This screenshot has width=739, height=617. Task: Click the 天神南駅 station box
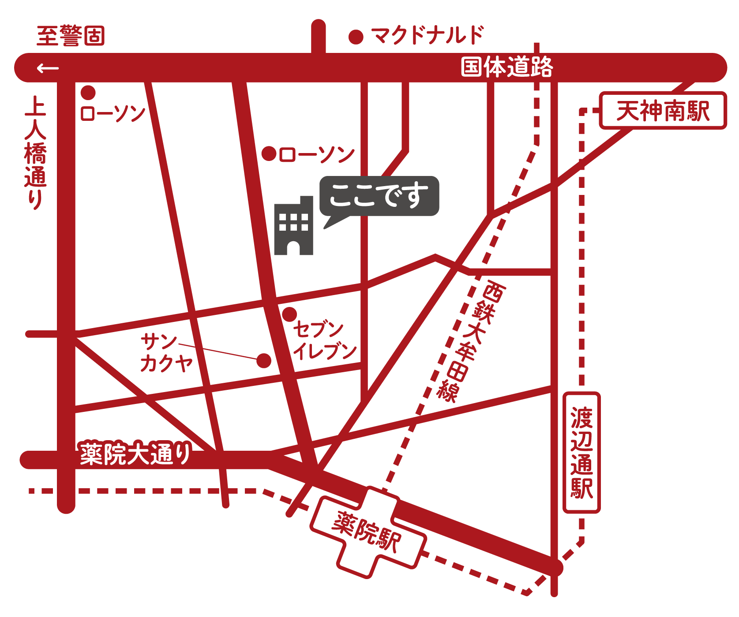(663, 111)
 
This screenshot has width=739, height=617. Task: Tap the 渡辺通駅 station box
(581, 452)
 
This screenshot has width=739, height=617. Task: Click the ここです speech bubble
(379, 196)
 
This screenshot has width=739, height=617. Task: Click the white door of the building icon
(293, 252)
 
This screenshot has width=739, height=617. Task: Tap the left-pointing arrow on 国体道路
(48, 68)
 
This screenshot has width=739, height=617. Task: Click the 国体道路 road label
(506, 67)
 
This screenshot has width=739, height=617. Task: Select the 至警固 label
(71, 36)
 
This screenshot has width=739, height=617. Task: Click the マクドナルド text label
(427, 35)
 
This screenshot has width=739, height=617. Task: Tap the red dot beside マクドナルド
(356, 37)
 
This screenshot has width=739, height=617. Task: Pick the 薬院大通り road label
(135, 454)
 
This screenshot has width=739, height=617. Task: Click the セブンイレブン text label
(324, 340)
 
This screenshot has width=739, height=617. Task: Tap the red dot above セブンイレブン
(289, 314)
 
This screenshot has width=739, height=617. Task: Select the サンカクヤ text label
(166, 353)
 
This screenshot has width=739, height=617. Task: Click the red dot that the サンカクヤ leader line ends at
(264, 361)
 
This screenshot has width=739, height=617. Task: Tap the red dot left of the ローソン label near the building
(269, 154)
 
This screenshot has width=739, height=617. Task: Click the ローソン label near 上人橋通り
(113, 113)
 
